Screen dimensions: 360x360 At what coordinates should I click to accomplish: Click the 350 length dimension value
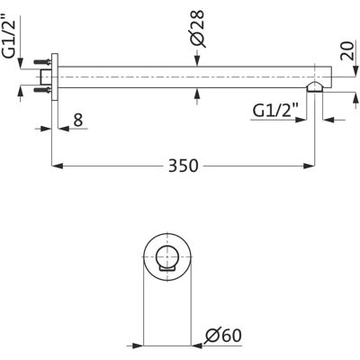[184, 166]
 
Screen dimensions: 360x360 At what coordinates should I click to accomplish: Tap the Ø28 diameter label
[198, 29]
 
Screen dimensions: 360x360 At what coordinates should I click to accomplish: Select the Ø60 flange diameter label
[222, 336]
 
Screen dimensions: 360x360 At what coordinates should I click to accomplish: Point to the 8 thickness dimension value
[77, 120]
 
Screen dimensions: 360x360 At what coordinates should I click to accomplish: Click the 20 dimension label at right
[347, 51]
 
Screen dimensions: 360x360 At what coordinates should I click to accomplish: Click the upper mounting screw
[42, 62]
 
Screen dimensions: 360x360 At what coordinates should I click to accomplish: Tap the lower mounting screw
[42, 89]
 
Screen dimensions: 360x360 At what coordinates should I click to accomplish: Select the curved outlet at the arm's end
[315, 86]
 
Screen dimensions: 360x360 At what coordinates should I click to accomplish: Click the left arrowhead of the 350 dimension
[58, 166]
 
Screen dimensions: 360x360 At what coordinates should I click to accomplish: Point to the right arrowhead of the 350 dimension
[309, 166]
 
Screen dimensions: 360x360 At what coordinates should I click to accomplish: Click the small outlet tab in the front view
[167, 269]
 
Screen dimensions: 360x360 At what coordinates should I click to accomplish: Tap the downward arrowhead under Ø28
[197, 60]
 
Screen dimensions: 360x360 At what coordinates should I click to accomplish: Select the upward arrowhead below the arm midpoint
[197, 94]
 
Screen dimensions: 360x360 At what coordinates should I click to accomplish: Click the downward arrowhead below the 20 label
[355, 72]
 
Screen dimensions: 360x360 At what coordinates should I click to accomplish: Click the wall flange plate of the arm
[54, 76]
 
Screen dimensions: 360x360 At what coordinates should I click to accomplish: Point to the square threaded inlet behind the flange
[46, 76]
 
